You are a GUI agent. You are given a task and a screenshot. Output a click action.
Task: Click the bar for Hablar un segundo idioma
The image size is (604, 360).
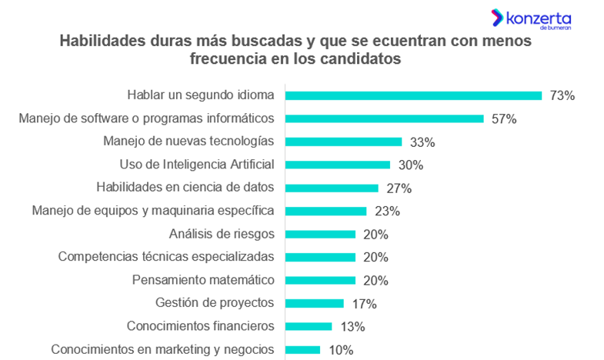tap(413, 95)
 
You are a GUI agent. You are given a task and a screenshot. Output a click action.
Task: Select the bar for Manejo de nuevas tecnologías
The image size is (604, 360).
tap(343, 142)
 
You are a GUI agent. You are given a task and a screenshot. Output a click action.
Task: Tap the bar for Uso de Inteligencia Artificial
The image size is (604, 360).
tap(338, 165)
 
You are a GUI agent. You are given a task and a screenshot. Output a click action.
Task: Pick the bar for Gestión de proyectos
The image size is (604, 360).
tap(314, 303)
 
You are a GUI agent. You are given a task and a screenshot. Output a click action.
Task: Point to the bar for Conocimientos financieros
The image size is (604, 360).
tap(308, 326)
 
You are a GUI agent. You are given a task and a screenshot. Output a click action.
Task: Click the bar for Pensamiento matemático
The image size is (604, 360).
tap(320, 280)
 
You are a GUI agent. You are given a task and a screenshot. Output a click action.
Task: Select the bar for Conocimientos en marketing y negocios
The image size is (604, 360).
tap(302, 349)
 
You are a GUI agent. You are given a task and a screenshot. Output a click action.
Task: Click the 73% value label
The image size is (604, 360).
tap(562, 95)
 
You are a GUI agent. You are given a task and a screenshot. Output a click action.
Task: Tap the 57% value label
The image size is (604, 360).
tap(504, 118)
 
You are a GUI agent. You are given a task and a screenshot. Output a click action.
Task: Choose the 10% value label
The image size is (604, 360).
tap(341, 349)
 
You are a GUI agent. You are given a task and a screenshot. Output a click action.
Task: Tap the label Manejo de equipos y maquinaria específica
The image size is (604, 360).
tap(153, 210)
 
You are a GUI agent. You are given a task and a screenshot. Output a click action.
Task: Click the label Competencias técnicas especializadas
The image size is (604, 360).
tap(166, 256)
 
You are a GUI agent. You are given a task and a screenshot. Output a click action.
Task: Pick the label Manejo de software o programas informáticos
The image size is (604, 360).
tap(146, 118)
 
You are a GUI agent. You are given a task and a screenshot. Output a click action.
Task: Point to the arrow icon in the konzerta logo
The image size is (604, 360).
tap(497, 17)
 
